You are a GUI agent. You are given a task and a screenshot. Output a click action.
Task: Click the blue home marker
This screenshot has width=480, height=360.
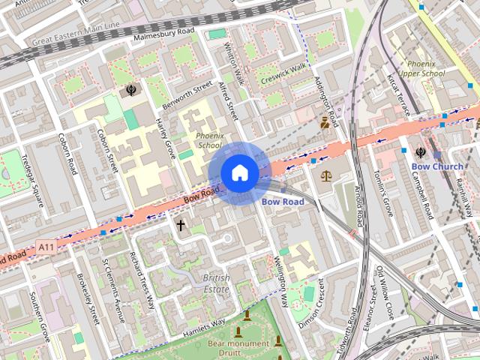click(x=239, y=173)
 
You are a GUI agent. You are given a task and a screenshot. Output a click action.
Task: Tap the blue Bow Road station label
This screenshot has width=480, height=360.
click(x=283, y=202)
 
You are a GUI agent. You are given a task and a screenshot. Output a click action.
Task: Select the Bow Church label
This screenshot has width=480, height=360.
click(x=437, y=166)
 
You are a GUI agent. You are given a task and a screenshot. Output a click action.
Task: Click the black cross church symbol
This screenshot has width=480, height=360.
click(x=180, y=224)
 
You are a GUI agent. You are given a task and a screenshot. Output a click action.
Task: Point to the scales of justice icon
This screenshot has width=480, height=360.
click(x=325, y=176)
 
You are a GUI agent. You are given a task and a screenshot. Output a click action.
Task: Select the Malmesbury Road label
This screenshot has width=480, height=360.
click(x=163, y=34)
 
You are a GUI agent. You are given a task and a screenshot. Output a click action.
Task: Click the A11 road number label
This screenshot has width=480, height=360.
click(x=46, y=246)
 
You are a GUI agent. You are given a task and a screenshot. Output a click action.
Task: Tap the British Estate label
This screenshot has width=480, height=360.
click(x=216, y=283)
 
